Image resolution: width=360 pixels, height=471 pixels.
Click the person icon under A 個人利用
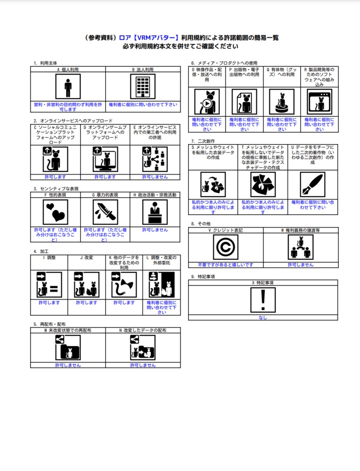pos(68,86)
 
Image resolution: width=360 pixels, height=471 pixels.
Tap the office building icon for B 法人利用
pos(143,86)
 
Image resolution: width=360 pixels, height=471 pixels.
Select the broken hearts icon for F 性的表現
pos(56,212)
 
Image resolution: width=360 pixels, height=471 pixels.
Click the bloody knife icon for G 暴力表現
pos(105,212)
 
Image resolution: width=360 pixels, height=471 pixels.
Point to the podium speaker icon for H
pos(155,212)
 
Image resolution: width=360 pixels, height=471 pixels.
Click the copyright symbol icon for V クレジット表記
pos(225,247)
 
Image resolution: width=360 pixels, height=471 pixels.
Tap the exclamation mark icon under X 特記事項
pos(263,300)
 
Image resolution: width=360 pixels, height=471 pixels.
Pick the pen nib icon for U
pos(313,184)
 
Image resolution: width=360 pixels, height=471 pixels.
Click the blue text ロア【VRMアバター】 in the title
pos(149,38)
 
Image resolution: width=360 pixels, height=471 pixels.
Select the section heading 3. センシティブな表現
pos(56,189)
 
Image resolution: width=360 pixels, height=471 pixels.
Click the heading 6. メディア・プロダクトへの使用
pos(224,63)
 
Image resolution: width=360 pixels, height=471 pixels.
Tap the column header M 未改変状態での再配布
pos(68,330)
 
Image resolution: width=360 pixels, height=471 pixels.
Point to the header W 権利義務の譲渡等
pos(301,230)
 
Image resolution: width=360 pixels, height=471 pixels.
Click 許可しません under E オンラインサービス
pos(155,177)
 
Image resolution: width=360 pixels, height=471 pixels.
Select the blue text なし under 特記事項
pos(263,317)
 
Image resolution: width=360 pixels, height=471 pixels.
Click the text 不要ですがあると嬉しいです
pos(225,264)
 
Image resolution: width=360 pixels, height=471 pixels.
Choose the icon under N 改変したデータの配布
pos(143,348)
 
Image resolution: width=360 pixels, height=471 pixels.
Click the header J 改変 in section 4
pos(86,258)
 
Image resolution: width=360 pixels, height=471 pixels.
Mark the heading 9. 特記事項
pos(203,276)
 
